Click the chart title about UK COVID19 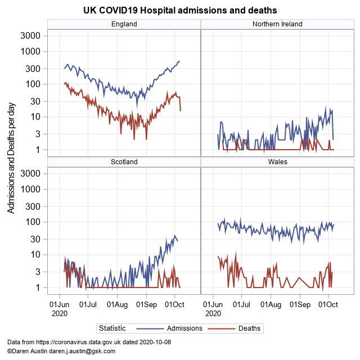point(180,11)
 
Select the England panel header point(124,24)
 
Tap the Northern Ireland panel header point(277,24)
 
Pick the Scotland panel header point(124,161)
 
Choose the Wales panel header point(277,161)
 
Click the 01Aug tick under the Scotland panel point(117,304)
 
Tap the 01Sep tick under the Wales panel point(299,304)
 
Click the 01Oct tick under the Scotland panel point(174,304)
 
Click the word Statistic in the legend point(112,328)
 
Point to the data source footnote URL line point(89,342)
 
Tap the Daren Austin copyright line point(61,351)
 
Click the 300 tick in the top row point(33,68)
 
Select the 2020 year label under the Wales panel point(213,313)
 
